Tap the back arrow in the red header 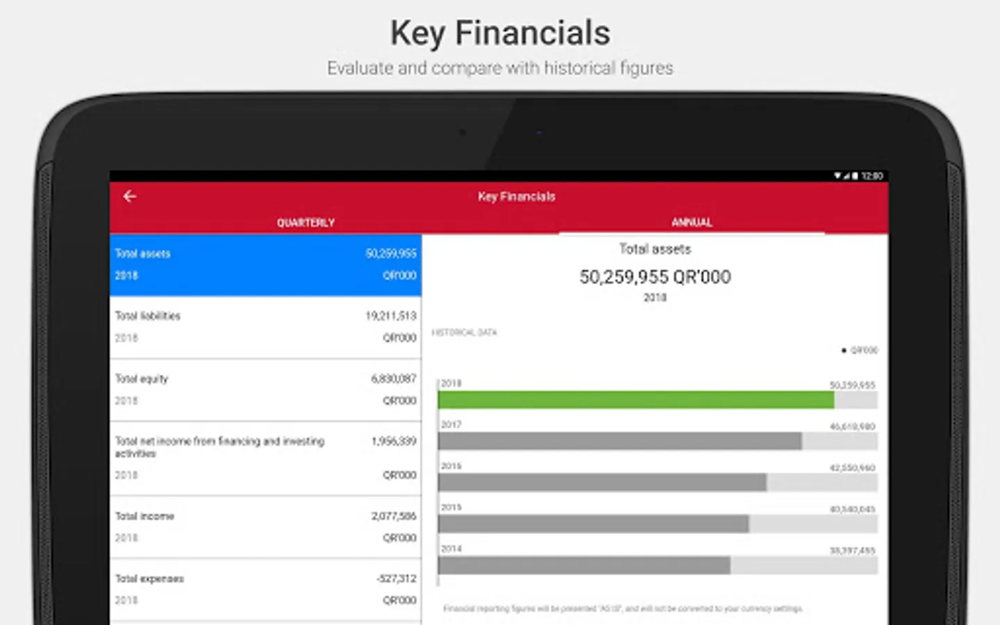(130, 197)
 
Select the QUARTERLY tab (306, 222)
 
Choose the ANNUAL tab (692, 222)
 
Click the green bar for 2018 (635, 400)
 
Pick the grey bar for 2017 (619, 441)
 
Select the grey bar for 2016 (602, 483)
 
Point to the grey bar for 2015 (593, 524)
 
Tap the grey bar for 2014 (584, 566)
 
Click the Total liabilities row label (148, 316)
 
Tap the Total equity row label (142, 378)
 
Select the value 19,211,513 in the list (391, 316)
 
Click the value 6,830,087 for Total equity (394, 378)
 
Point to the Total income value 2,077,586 (394, 516)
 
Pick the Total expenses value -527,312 (397, 578)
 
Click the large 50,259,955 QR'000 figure (655, 277)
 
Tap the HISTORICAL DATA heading (465, 333)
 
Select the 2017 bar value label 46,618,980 (852, 426)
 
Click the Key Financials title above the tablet (500, 33)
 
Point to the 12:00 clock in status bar (872, 176)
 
